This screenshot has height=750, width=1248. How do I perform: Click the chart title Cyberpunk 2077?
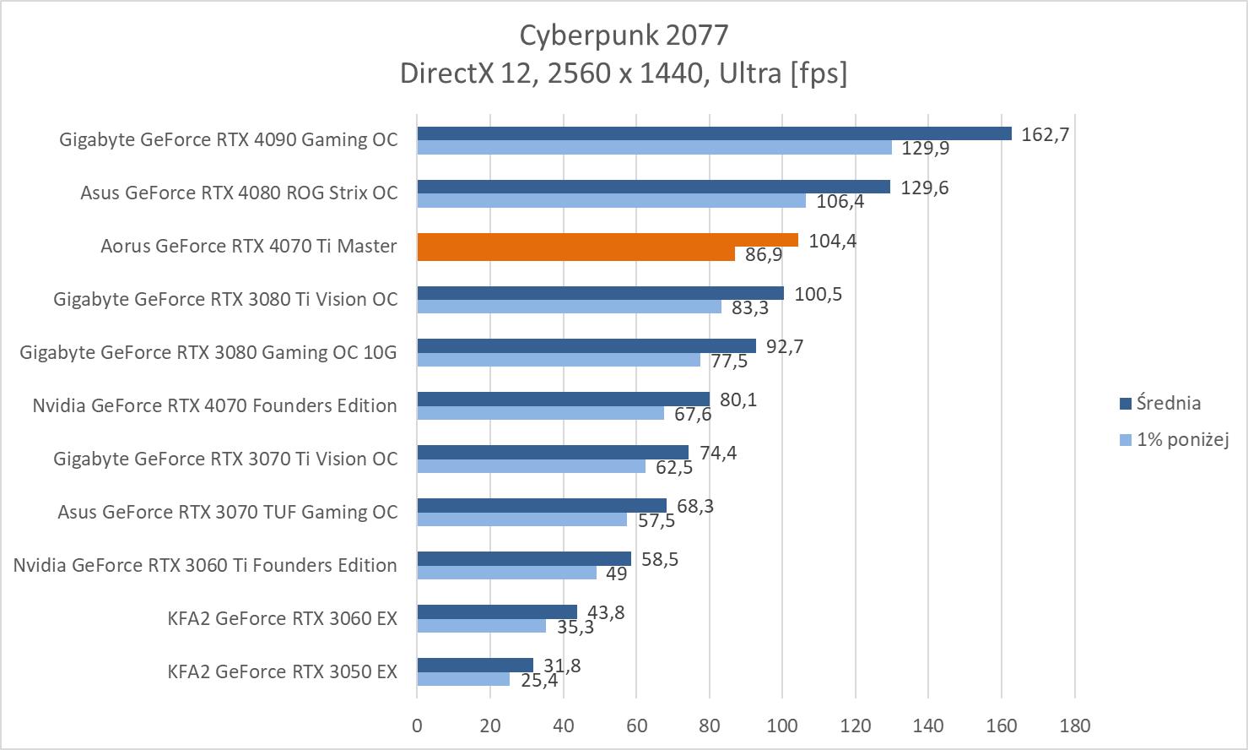623,35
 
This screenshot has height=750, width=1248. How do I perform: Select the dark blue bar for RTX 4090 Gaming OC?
713,133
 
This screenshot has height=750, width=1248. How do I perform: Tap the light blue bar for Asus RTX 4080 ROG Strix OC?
611,201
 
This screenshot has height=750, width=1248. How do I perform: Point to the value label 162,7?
1045,134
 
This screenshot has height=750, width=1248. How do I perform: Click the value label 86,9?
764,254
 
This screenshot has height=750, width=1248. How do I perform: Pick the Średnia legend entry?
1167,403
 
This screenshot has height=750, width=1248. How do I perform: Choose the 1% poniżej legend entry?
1180,439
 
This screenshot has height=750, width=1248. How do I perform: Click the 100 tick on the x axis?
782,725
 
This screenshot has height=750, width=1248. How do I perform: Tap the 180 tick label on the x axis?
1074,725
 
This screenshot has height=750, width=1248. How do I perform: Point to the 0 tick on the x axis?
417,725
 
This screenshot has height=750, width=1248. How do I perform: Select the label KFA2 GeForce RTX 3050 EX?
282,671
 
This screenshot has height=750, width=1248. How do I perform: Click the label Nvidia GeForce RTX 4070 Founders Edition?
214,405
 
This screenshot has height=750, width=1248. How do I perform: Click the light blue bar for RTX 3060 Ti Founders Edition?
506,573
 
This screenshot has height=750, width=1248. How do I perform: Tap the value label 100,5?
818,294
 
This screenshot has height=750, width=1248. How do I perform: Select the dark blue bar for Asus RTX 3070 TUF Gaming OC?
541,506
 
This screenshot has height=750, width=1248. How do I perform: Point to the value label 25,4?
538,679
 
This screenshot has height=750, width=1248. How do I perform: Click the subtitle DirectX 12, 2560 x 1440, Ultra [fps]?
623,73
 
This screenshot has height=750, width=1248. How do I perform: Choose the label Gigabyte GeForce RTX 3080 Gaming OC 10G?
208,352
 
